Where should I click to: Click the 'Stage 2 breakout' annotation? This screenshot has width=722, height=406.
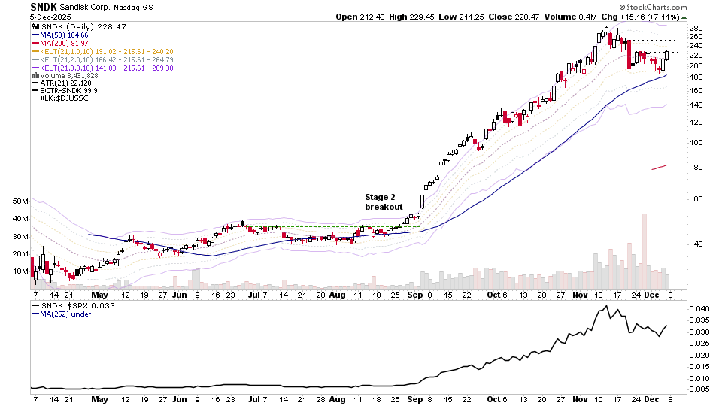(x=384, y=201)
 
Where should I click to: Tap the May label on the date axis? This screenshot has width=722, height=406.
(x=99, y=295)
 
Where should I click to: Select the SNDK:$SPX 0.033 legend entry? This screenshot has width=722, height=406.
(x=70, y=305)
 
